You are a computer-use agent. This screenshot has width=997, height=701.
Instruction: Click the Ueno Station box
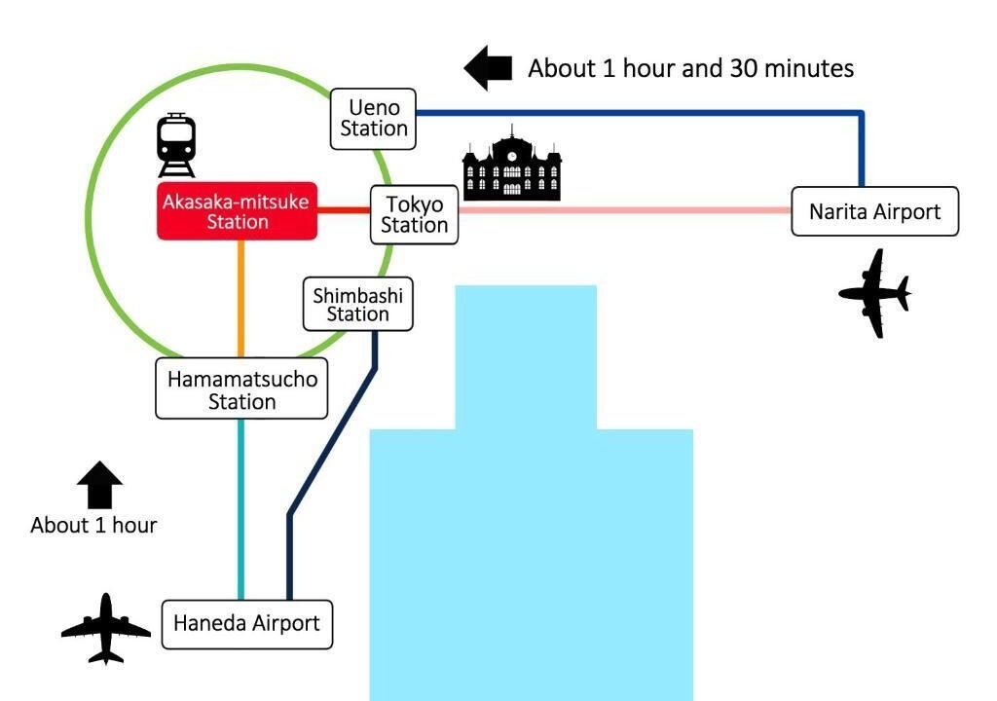click(x=373, y=119)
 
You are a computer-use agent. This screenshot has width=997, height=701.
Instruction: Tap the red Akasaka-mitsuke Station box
click(x=238, y=211)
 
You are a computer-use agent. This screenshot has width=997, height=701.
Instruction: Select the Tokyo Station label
click(x=414, y=215)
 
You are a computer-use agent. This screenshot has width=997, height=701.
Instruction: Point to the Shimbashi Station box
click(x=358, y=304)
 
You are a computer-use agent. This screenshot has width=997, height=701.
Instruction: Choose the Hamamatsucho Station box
click(x=241, y=388)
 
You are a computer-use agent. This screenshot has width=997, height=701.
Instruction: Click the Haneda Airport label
click(x=246, y=624)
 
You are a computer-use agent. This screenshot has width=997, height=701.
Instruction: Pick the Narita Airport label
click(x=875, y=211)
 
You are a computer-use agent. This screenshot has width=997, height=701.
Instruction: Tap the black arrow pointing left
click(x=489, y=68)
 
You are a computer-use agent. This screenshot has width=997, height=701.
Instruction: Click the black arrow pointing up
click(x=100, y=485)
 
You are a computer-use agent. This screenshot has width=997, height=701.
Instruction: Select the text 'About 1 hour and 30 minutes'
click(x=691, y=69)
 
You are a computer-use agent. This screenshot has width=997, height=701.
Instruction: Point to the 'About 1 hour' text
click(x=94, y=526)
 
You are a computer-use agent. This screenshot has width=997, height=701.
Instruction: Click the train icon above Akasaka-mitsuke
click(x=176, y=145)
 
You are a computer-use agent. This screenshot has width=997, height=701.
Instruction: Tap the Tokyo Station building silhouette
click(x=512, y=165)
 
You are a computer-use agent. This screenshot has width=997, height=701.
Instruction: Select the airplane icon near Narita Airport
click(x=875, y=293)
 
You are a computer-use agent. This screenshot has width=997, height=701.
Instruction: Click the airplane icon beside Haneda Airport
click(x=106, y=629)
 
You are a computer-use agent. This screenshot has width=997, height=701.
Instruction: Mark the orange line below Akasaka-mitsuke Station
click(x=241, y=299)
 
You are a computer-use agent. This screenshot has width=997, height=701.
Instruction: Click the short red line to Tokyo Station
click(x=344, y=210)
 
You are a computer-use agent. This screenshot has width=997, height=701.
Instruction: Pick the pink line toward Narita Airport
click(x=625, y=210)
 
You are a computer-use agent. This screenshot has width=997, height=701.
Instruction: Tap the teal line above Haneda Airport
click(x=241, y=509)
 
